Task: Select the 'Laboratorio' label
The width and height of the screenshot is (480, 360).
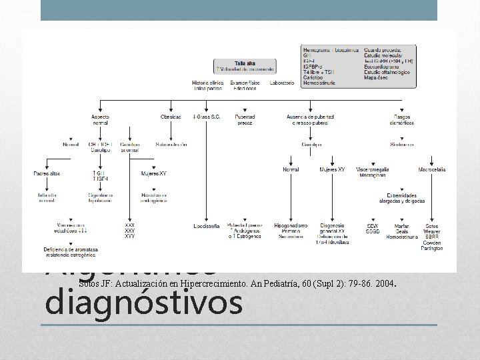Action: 281,83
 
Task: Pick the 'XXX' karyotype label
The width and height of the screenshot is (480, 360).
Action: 129,225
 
